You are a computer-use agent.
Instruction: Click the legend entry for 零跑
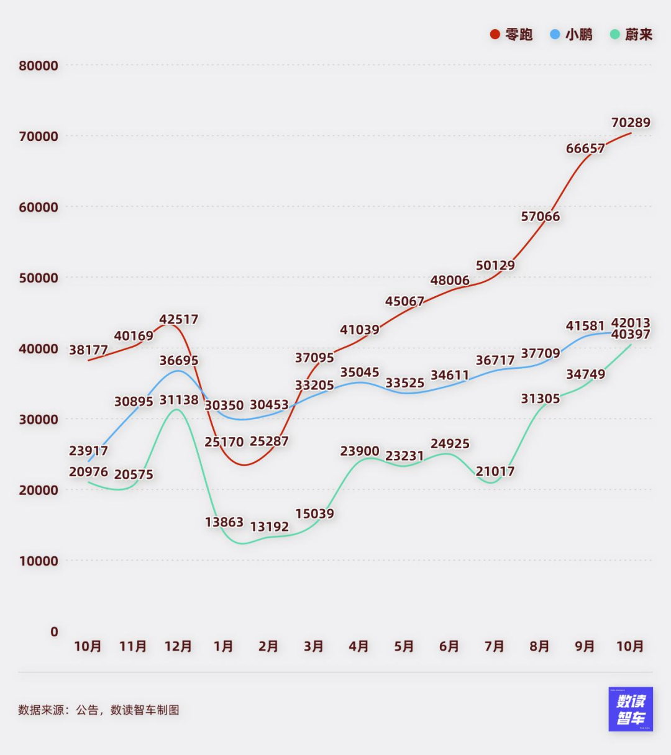click(x=511, y=34)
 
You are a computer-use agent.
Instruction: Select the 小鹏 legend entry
click(x=572, y=34)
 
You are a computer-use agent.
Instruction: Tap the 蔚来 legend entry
click(x=632, y=34)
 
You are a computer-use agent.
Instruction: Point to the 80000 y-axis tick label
click(x=39, y=66)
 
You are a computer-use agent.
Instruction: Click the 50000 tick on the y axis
click(x=39, y=278)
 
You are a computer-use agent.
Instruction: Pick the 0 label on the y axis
click(x=54, y=631)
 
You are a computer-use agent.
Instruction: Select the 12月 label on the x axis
click(x=178, y=646)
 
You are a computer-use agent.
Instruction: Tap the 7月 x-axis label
click(x=495, y=646)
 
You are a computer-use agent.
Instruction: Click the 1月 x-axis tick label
click(x=224, y=646)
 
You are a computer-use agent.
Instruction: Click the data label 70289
click(x=631, y=122)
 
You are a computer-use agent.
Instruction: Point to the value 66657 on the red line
click(x=585, y=148)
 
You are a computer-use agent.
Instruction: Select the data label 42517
click(x=179, y=319)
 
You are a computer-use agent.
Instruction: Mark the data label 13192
click(x=269, y=527)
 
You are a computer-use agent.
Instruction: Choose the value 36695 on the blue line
click(x=179, y=360)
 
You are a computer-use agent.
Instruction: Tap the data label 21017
click(x=495, y=471)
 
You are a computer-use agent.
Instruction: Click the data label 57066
click(x=541, y=216)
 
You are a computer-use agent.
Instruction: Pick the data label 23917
click(x=88, y=451)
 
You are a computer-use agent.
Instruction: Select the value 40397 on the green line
click(x=631, y=335)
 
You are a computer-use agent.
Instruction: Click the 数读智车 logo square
click(x=631, y=709)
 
